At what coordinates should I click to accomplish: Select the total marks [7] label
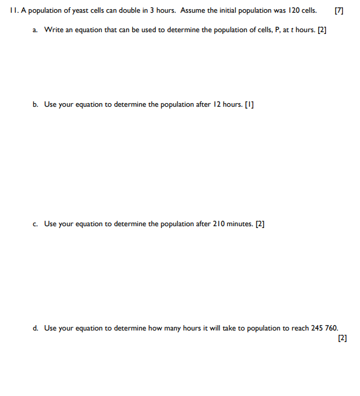pyautogui.click(x=338, y=10)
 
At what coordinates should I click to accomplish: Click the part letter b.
pyautogui.click(x=35, y=104)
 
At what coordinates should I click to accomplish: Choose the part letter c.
pyautogui.click(x=35, y=224)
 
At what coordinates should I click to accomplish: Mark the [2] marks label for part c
pyautogui.click(x=260, y=224)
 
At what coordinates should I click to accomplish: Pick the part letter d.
pyautogui.click(x=35, y=328)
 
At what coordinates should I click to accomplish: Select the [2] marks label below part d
pyautogui.click(x=342, y=338)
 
